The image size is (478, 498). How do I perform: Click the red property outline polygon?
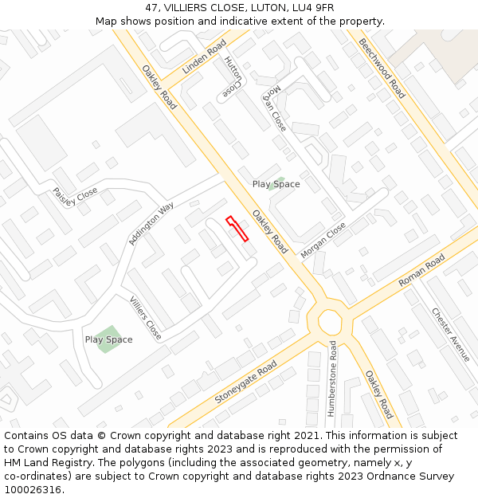click(x=237, y=228)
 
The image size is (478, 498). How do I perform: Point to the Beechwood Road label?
click(x=382, y=69)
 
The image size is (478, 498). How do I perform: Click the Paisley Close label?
click(x=75, y=196)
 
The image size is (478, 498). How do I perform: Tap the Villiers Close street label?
click(x=145, y=317)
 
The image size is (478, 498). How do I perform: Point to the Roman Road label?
click(x=422, y=272)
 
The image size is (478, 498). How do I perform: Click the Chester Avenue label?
click(x=451, y=335)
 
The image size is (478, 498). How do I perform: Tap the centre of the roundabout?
click(x=330, y=324)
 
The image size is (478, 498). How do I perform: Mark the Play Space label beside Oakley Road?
click(x=276, y=184)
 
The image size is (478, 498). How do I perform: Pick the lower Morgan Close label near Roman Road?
click(x=323, y=240)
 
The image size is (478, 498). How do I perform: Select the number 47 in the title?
click(x=152, y=8)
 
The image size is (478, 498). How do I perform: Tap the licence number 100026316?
click(x=33, y=489)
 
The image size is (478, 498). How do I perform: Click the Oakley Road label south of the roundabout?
click(x=379, y=394)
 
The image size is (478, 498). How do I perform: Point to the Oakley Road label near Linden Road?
click(x=159, y=88)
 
